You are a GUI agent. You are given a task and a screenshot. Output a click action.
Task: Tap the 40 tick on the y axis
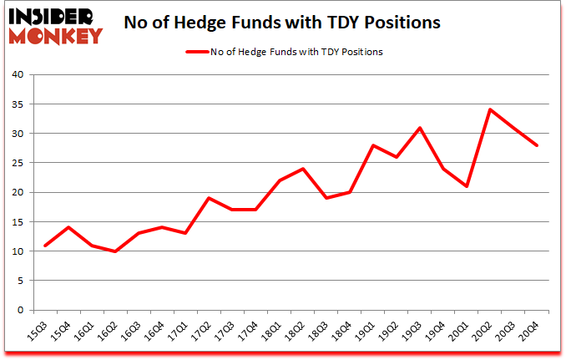[x=19, y=74]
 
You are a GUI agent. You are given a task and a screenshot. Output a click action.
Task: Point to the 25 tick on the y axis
[x=19, y=163]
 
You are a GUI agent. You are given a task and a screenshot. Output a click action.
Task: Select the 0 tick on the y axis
[x=23, y=310]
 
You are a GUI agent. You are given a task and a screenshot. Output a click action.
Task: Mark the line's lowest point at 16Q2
[x=115, y=251]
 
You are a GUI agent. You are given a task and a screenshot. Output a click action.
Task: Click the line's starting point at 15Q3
[x=45, y=245]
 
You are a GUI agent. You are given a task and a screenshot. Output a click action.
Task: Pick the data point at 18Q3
[x=326, y=198]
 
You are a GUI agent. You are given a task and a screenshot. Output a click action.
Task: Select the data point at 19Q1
[x=373, y=145]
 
